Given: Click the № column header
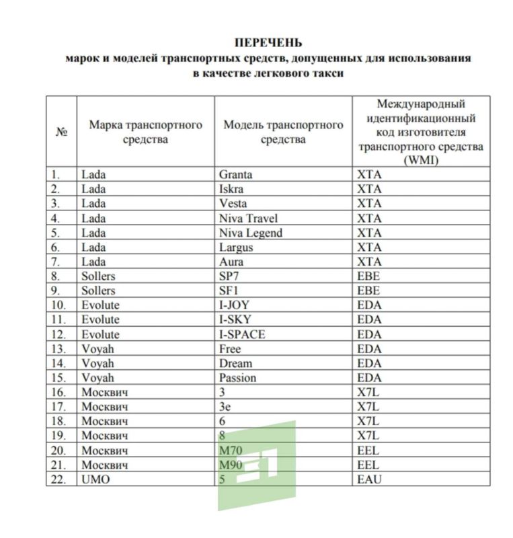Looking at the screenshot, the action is tap(61, 132).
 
